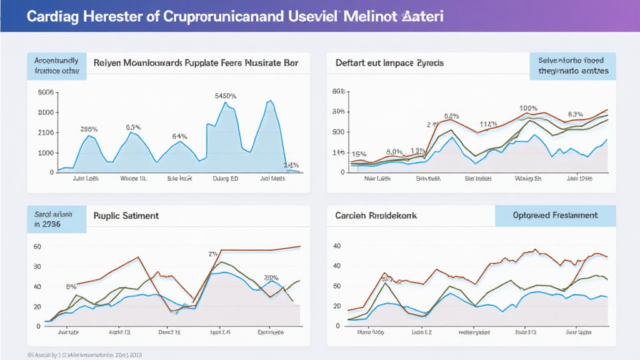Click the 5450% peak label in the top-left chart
coord(225,96)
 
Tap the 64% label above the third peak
coord(180,136)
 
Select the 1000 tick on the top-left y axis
coord(46,153)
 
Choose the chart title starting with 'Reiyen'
coord(196,63)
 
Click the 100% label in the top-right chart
coord(529,108)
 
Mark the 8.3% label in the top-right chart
coord(575,114)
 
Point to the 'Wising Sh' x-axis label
coord(527,178)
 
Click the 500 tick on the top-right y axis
coord(338,132)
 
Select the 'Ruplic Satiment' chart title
coord(126,216)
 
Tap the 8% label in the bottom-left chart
coord(71,287)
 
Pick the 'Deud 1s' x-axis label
coord(169,332)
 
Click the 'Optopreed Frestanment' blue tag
coord(555,216)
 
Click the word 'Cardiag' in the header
coord(52,16)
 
